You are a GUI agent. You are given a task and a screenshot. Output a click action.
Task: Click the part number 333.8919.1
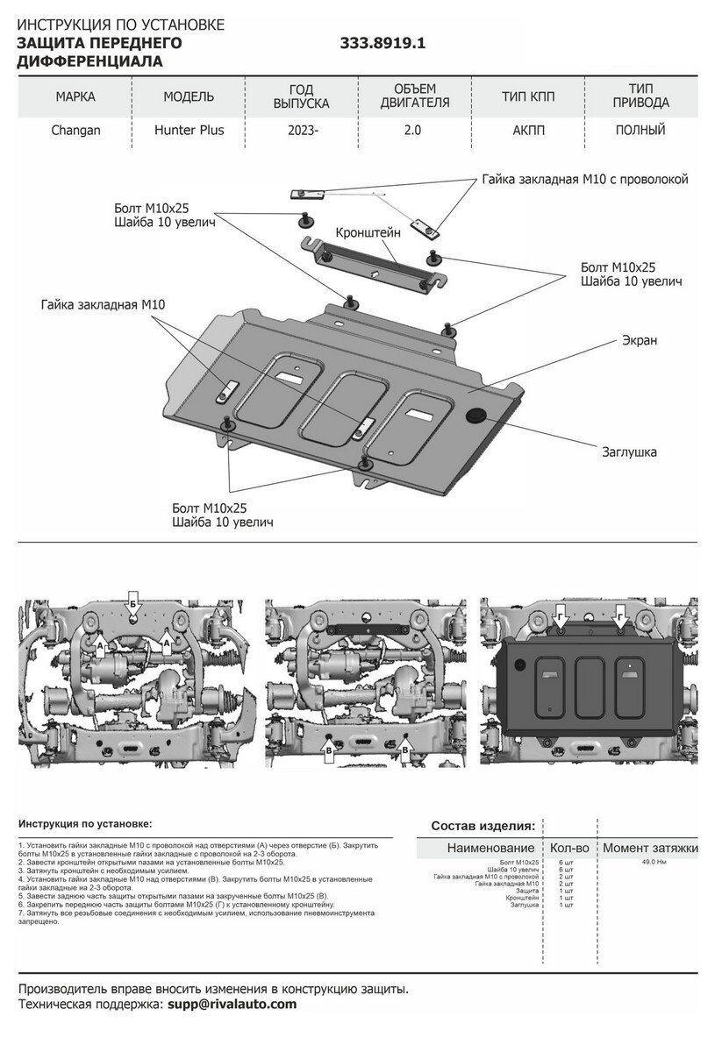[x=382, y=42]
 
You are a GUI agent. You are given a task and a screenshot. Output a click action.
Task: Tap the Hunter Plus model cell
[x=189, y=131]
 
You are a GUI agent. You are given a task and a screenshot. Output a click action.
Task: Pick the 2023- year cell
[x=303, y=131]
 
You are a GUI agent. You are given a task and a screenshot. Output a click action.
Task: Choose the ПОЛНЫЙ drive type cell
[x=640, y=131]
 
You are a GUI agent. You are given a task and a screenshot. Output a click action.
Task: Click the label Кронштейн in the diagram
[x=368, y=233]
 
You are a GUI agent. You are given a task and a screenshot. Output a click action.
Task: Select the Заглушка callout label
[x=629, y=452]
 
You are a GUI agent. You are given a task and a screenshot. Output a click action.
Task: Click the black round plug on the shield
[x=478, y=415]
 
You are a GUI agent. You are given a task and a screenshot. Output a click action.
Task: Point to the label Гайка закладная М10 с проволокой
[x=585, y=180]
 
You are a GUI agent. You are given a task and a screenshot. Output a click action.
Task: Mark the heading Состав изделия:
[x=483, y=826]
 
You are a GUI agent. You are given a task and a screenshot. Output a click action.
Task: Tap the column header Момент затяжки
[x=650, y=848]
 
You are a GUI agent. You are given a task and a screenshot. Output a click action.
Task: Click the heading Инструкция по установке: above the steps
[x=84, y=824]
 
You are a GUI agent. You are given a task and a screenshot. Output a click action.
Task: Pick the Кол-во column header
[x=569, y=848]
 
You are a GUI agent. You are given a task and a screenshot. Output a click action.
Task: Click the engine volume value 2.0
[x=413, y=131]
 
